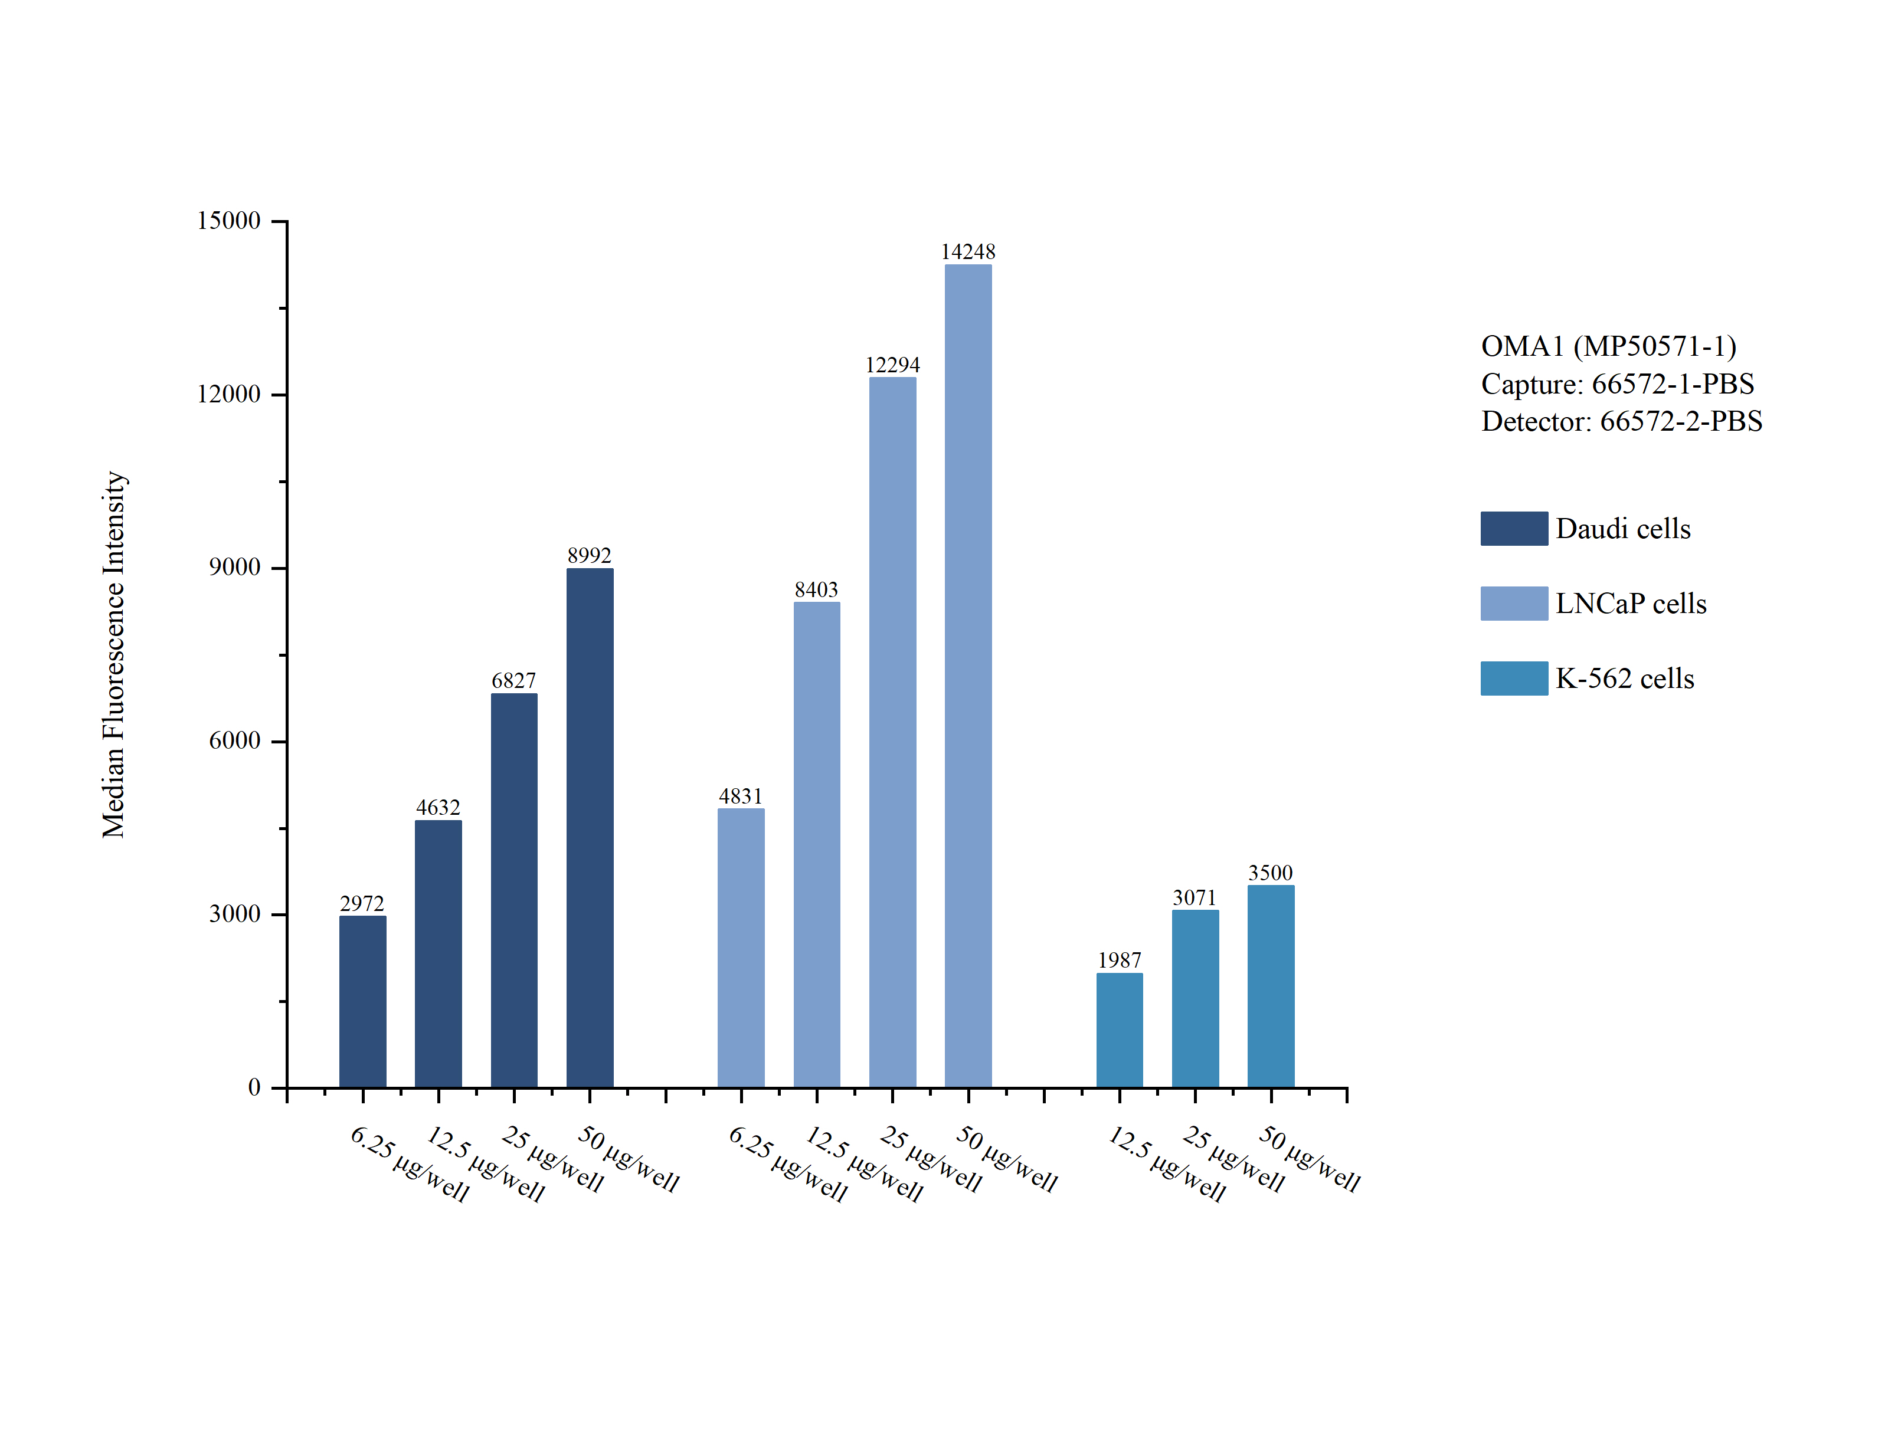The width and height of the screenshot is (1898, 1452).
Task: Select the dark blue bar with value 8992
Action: pyautogui.click(x=590, y=827)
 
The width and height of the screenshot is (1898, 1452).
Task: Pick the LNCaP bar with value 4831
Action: pyautogui.click(x=741, y=948)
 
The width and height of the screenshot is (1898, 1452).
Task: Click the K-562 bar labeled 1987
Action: pyautogui.click(x=1120, y=1030)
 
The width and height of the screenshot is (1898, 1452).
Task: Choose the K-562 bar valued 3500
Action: pyautogui.click(x=1271, y=985)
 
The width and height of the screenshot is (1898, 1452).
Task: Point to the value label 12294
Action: pyautogui.click(x=892, y=365)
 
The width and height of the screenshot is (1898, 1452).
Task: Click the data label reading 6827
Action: pyautogui.click(x=513, y=681)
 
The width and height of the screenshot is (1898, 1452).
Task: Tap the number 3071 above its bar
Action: pyautogui.click(x=1195, y=898)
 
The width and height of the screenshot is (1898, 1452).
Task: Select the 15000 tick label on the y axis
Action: pyautogui.click(x=228, y=221)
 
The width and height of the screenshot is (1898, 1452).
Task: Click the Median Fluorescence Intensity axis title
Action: pyautogui.click(x=114, y=654)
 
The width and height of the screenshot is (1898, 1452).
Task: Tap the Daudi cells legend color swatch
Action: pyautogui.click(x=1513, y=528)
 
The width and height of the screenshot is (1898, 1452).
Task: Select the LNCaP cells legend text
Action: pyautogui.click(x=1631, y=603)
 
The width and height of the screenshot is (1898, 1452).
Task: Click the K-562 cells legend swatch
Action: pyautogui.click(x=1513, y=679)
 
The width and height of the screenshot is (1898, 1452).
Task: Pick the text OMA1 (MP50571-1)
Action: pyautogui.click(x=1608, y=346)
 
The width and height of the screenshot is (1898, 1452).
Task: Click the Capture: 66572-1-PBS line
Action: pyautogui.click(x=1617, y=384)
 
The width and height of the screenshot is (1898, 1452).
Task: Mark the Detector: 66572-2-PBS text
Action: pyautogui.click(x=1621, y=421)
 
